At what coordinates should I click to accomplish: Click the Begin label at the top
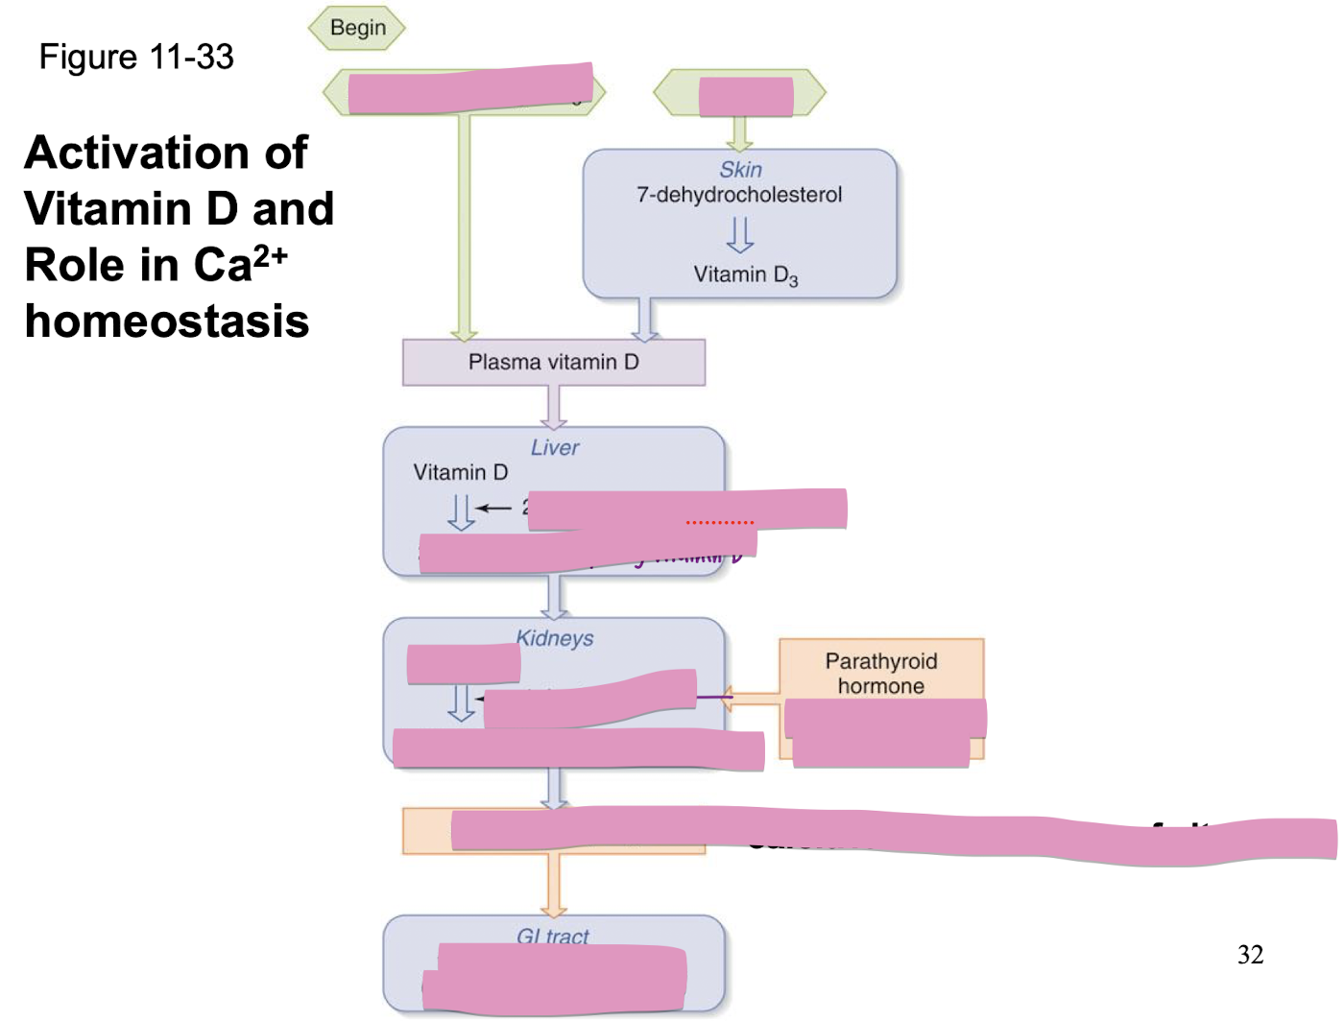pyautogui.click(x=357, y=28)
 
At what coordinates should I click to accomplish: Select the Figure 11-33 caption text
pyautogui.click(x=136, y=58)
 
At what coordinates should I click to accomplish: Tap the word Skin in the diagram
pyautogui.click(x=740, y=170)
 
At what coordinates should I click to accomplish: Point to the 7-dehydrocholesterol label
pyautogui.click(x=739, y=195)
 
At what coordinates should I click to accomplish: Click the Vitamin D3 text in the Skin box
pyautogui.click(x=745, y=275)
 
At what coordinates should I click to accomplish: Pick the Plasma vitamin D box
pyautogui.click(x=553, y=363)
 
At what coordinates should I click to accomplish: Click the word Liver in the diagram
pyautogui.click(x=555, y=448)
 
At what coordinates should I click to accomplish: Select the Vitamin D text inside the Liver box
pyautogui.click(x=461, y=472)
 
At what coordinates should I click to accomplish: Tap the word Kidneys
pyautogui.click(x=556, y=638)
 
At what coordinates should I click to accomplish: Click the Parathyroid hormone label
pyautogui.click(x=880, y=674)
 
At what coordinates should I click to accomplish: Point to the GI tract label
pyautogui.click(x=553, y=936)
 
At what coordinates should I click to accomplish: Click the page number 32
pyautogui.click(x=1250, y=955)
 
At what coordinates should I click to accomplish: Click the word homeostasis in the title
pyautogui.click(x=167, y=321)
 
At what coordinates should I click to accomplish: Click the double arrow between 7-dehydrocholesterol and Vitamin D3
pyautogui.click(x=739, y=234)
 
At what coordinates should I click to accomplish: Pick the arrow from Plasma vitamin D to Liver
pyautogui.click(x=554, y=407)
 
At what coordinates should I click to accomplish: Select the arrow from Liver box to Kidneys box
pyautogui.click(x=554, y=597)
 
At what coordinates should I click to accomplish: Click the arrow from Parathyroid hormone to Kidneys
pyautogui.click(x=749, y=698)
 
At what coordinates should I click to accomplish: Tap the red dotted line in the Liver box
pyautogui.click(x=720, y=523)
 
